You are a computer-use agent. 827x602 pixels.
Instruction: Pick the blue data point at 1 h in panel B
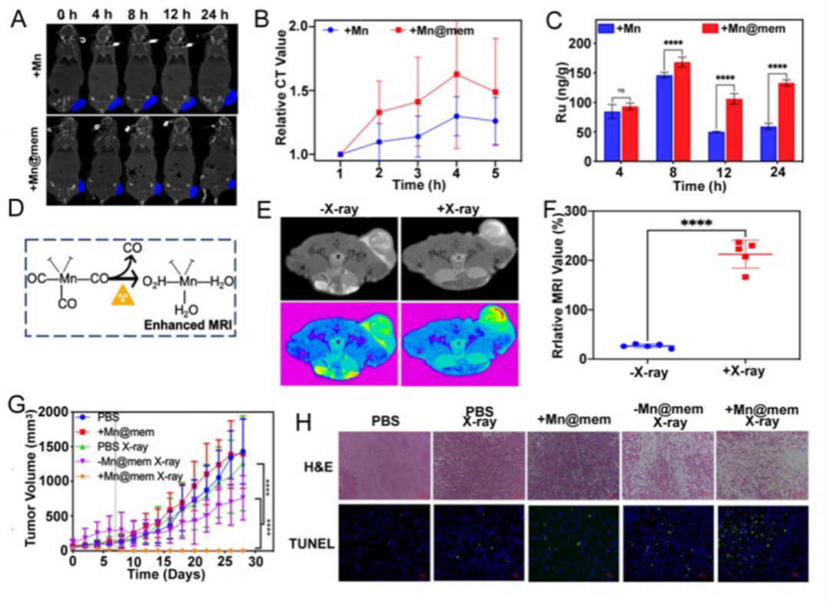(340, 154)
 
